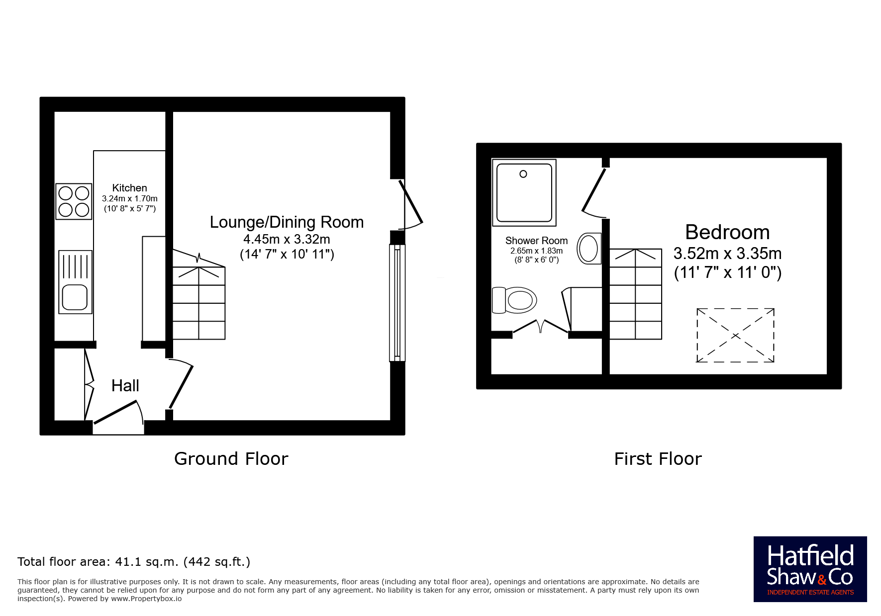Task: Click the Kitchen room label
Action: coord(129,188)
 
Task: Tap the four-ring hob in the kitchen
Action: coord(74,201)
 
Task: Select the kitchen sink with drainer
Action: coord(75,282)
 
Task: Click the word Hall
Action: coord(125,386)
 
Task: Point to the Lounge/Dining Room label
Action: coord(287,222)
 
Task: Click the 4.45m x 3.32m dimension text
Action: coord(287,239)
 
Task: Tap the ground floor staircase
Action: coord(199,295)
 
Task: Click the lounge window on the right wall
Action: coord(397,302)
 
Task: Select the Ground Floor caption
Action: coord(231,459)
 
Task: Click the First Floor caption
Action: coord(658,459)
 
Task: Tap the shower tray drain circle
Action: coord(523,174)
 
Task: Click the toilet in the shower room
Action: coord(514,300)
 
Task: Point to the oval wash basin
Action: coord(589,248)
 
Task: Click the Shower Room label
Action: coord(536,241)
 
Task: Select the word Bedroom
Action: coord(727,232)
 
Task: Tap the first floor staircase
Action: coord(636,294)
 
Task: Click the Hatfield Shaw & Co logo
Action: coord(810,569)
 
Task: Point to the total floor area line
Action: coord(134,562)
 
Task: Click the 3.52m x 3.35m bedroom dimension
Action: coord(727,254)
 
